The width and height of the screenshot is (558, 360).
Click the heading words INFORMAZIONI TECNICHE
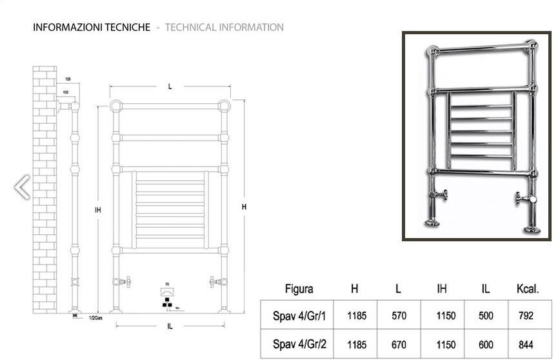coord(91,27)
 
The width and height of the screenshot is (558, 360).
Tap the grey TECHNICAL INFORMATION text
coord(224,27)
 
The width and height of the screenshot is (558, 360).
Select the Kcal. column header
coord(527,289)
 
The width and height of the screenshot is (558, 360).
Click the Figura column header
coord(299,289)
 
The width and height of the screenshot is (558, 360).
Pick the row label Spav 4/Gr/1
coord(299,316)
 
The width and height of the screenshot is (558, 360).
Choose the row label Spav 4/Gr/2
coord(299,344)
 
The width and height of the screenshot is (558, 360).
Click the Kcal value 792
coord(526,316)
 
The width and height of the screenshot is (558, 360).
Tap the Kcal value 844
coord(526,344)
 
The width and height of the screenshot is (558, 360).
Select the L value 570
coord(399,316)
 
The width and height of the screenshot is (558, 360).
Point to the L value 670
coord(399,344)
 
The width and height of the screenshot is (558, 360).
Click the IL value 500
coord(485,316)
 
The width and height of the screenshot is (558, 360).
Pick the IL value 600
coord(485,344)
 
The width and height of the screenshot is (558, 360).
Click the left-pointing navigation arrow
coord(22,187)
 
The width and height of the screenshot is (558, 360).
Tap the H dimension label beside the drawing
coord(244,207)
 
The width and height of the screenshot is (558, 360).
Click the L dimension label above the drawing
coord(170,86)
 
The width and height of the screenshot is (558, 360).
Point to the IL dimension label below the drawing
coord(170,326)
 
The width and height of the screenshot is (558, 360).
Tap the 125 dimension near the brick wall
coord(67,79)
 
